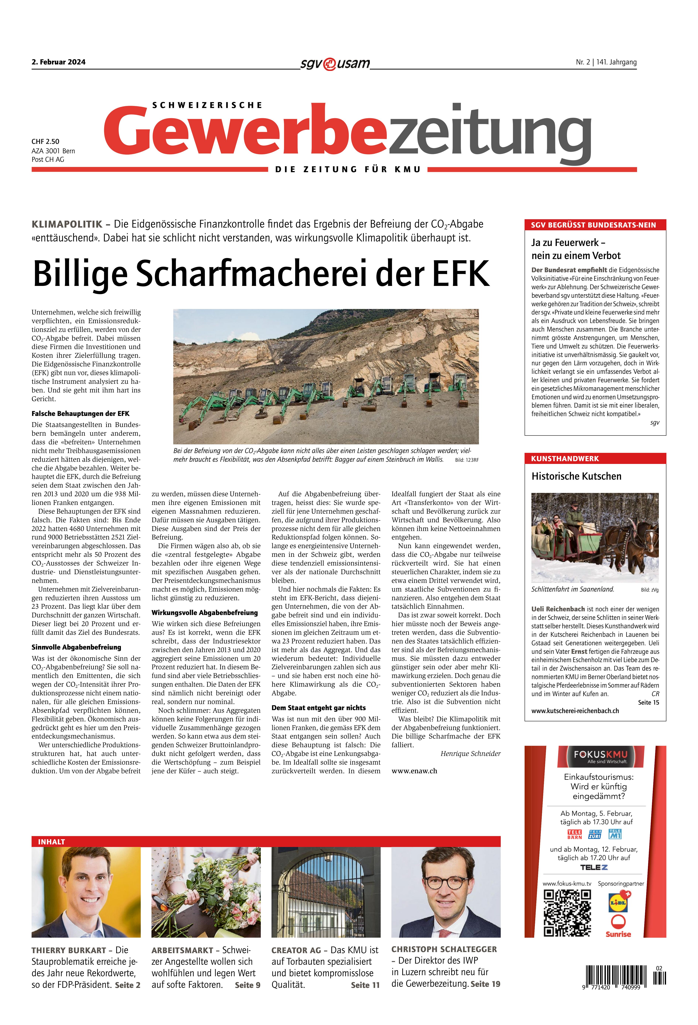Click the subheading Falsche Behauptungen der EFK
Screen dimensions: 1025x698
coord(80,414)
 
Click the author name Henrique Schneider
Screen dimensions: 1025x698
coord(470,753)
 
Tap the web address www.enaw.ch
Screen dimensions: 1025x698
coord(414,771)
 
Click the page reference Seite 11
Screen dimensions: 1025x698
coord(365,985)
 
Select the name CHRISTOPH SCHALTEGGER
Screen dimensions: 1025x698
coord(444,949)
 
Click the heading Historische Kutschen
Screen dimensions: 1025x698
coord(576,476)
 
